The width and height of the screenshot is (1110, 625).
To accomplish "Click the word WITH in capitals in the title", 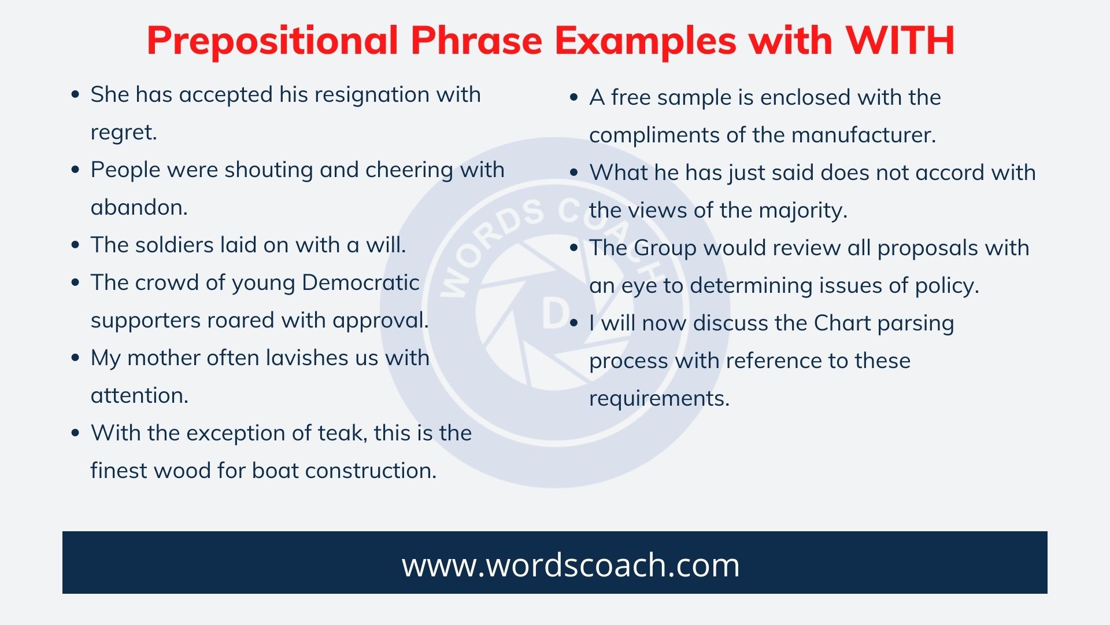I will click(x=900, y=41).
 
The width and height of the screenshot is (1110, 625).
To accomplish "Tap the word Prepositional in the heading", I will click(x=272, y=41).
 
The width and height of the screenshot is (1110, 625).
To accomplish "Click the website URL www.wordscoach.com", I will click(x=571, y=564).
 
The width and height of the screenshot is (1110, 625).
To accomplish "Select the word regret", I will click(x=123, y=133).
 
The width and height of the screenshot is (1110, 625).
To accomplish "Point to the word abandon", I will click(x=138, y=207).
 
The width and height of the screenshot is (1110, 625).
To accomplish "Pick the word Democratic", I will click(x=360, y=282).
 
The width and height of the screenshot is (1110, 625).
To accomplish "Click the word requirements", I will click(x=658, y=398).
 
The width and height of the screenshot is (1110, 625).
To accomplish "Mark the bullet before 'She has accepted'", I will click(x=75, y=95).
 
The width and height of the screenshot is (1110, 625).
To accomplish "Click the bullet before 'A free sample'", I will click(x=573, y=98).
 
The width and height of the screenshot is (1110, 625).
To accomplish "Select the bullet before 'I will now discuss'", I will click(x=573, y=323).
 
